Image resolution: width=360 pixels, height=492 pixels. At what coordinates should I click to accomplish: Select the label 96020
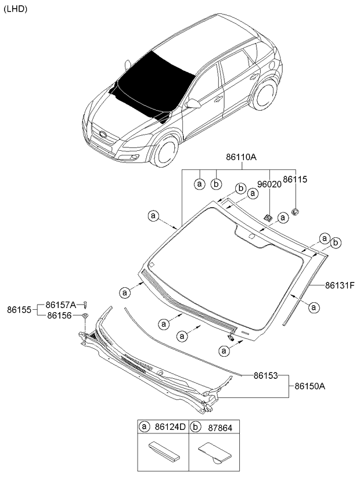coord(269,184)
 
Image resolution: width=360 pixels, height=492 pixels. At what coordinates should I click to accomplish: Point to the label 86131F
coord(340,285)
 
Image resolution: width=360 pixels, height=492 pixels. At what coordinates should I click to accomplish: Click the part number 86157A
coord(61,304)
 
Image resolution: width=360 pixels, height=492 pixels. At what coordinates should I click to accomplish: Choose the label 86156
coord(59,315)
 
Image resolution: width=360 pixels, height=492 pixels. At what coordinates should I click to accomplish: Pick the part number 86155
coord(19,310)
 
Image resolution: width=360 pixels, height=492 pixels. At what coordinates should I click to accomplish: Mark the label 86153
coord(267,375)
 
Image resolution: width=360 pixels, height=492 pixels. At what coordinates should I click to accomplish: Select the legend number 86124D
coord(170,427)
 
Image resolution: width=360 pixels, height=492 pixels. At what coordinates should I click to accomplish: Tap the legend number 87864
coord(218,427)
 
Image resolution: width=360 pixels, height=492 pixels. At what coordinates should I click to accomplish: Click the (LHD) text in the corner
coord(16,9)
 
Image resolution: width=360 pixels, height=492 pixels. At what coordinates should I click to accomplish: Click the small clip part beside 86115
coord(295,210)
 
